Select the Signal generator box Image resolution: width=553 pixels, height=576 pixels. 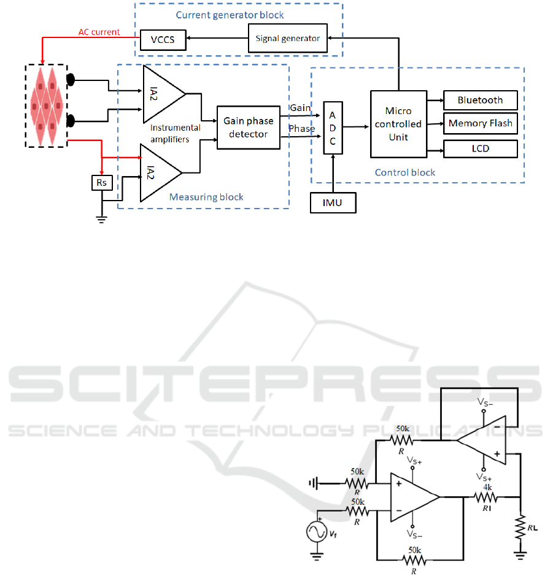(x=287, y=38)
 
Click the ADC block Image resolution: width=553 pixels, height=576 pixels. (x=332, y=128)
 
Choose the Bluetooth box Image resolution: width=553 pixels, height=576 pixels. (x=480, y=100)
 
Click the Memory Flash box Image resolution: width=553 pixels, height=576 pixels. (x=480, y=123)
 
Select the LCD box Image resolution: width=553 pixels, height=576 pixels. (x=480, y=148)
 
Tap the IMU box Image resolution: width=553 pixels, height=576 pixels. (x=332, y=203)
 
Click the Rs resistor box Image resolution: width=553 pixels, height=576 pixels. (x=102, y=183)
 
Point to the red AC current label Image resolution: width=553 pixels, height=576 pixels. (x=99, y=32)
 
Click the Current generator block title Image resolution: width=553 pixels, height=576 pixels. (x=230, y=15)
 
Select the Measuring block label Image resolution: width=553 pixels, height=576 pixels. (x=206, y=197)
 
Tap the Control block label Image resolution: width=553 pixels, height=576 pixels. (x=405, y=172)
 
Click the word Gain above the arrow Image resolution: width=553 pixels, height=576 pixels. (x=300, y=108)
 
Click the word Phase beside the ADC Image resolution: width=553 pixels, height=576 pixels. (x=301, y=129)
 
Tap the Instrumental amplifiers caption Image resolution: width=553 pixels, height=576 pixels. (x=176, y=133)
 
